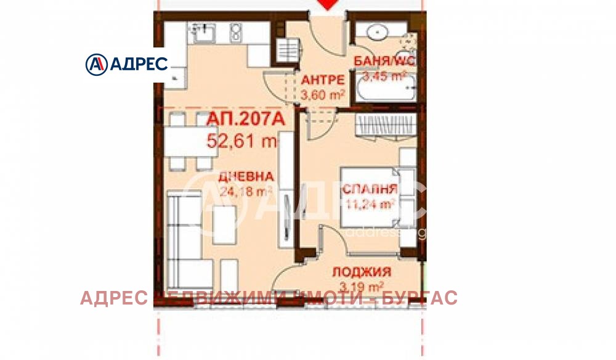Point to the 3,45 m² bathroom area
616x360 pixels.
tap(383, 76)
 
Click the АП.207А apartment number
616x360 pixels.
tap(246, 121)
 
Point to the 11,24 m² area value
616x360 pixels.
tap(370, 204)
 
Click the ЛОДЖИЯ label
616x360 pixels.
tap(362, 272)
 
